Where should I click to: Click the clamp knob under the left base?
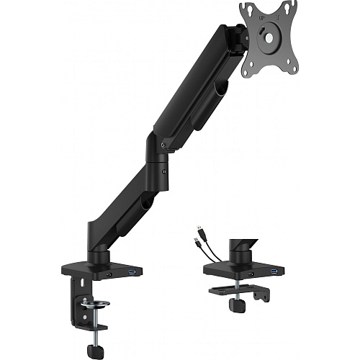pos(92,351)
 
